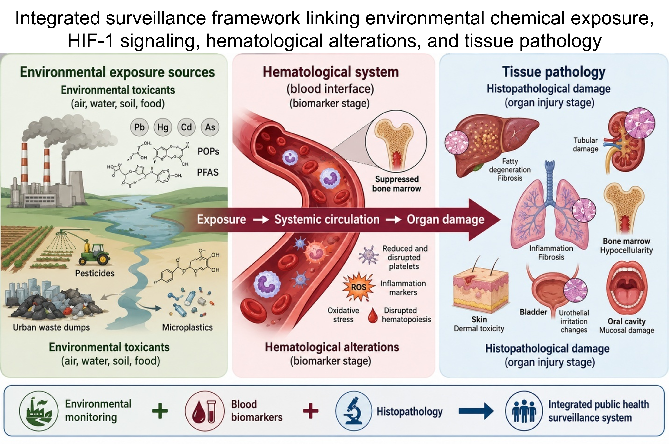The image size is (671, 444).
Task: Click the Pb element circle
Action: click(x=139, y=127)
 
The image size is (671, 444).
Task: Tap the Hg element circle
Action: click(x=163, y=127)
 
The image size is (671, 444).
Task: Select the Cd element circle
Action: click(x=186, y=127)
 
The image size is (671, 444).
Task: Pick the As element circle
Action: click(x=210, y=127)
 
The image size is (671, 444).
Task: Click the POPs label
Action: click(x=208, y=152)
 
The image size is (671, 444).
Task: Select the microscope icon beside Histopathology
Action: click(x=353, y=411)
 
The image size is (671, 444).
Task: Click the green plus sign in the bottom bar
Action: click(x=160, y=411)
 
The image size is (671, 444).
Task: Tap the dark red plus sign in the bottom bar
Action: click(x=311, y=411)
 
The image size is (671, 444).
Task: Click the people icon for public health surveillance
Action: click(x=524, y=411)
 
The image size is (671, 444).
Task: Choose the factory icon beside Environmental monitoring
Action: click(x=37, y=411)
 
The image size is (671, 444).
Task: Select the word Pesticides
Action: click(x=95, y=273)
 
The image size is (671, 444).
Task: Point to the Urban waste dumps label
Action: click(x=51, y=327)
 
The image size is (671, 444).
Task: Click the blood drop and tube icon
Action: click(x=203, y=411)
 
